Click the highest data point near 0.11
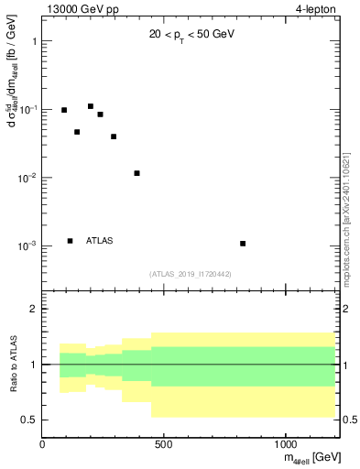tap(91, 106)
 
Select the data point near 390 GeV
tap(136, 173)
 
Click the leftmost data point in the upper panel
tap(64, 110)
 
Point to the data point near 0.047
tap(77, 132)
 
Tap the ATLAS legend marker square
tap(70, 241)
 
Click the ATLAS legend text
tap(100, 241)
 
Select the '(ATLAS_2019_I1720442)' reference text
tap(190, 274)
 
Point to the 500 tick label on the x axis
tap(163, 445)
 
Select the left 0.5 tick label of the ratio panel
tap(28, 420)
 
